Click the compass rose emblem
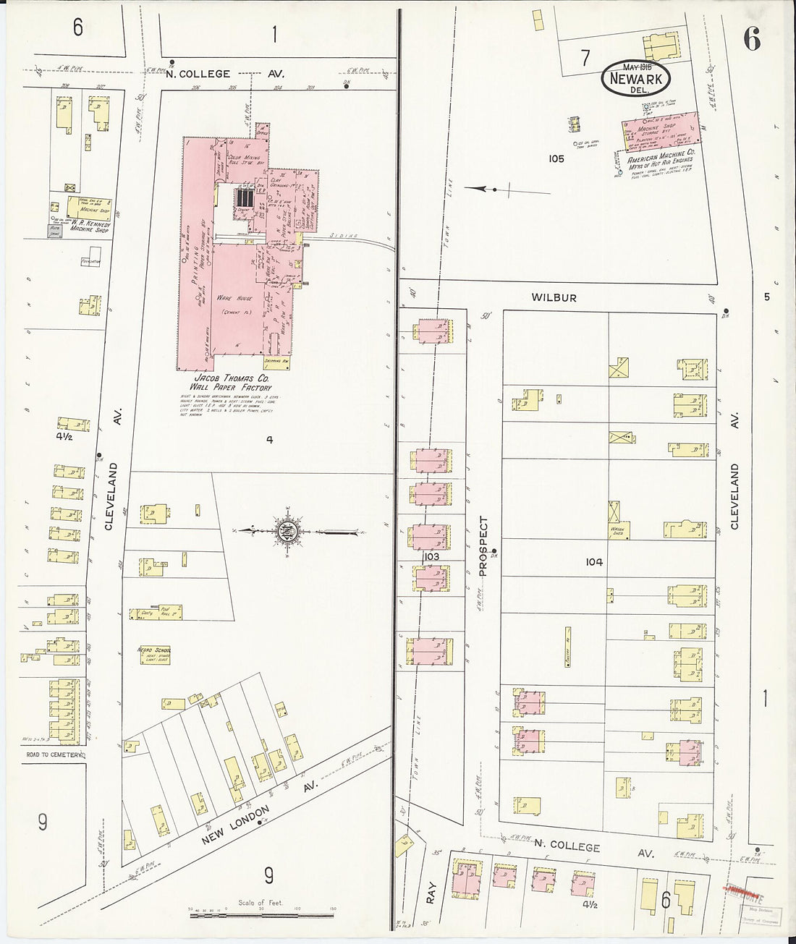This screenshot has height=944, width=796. (289, 531)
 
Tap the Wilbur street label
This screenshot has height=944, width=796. (554, 297)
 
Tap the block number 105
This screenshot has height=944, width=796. (556, 158)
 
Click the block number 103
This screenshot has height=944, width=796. (432, 558)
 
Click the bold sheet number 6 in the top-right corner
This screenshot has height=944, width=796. (751, 42)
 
